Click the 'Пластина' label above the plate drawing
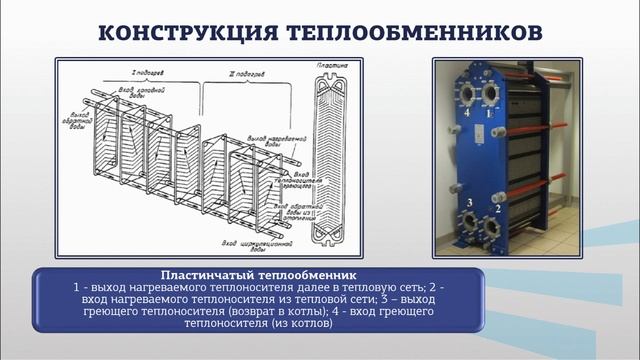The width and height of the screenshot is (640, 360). (x=333, y=65)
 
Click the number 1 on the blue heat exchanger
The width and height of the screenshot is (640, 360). (x=488, y=113)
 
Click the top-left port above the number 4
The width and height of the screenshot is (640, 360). (x=466, y=93)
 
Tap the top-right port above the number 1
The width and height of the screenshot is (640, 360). (x=490, y=93)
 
